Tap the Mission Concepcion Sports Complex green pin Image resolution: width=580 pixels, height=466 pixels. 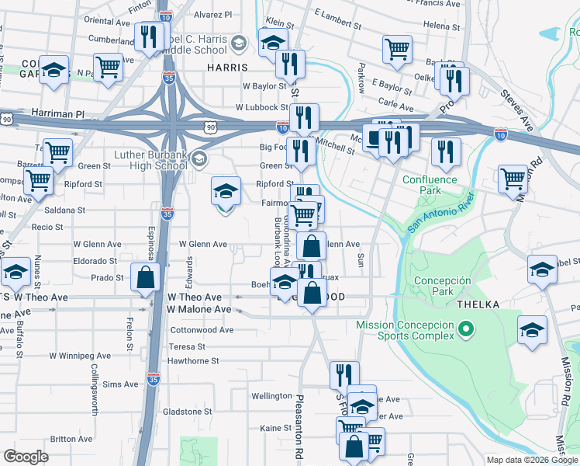click(x=466, y=330)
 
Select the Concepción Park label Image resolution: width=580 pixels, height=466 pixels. click(x=442, y=286)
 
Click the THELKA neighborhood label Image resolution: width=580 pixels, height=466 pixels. click(x=478, y=304)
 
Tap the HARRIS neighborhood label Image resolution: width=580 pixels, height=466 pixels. click(x=226, y=68)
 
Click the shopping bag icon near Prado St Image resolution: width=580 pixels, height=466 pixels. click(x=145, y=277)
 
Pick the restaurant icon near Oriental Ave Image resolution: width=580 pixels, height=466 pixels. click(x=146, y=37)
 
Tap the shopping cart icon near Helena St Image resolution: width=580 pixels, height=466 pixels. click(x=397, y=49)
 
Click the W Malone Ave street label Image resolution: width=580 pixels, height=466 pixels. click(x=199, y=309)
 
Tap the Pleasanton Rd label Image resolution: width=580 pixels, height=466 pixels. click(x=298, y=427)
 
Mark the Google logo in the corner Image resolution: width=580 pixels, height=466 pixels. click(x=26, y=457)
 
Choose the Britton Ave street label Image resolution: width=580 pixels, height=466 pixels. click(x=71, y=439)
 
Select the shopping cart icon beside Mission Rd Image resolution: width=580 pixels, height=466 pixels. click(x=513, y=179)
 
